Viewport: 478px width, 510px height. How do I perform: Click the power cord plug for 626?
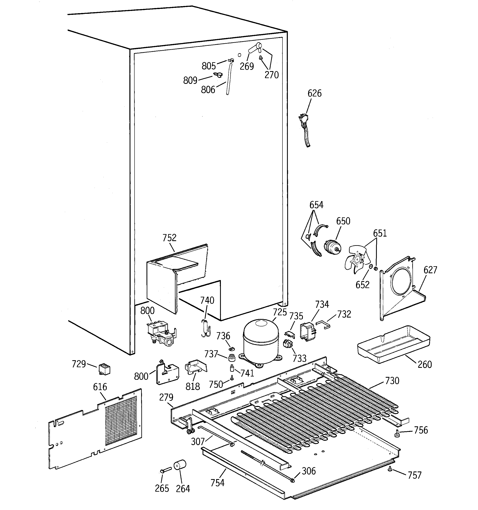pyautogui.click(x=303, y=119)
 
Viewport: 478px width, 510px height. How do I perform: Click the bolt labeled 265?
pyautogui.click(x=165, y=470)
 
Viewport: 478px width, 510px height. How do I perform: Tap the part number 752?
pyautogui.click(x=169, y=238)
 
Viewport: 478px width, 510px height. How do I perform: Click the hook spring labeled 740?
pyautogui.click(x=205, y=328)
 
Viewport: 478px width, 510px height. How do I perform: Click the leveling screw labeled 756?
pyautogui.click(x=397, y=433)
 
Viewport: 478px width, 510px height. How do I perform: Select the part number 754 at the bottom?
pyautogui.click(x=217, y=483)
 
